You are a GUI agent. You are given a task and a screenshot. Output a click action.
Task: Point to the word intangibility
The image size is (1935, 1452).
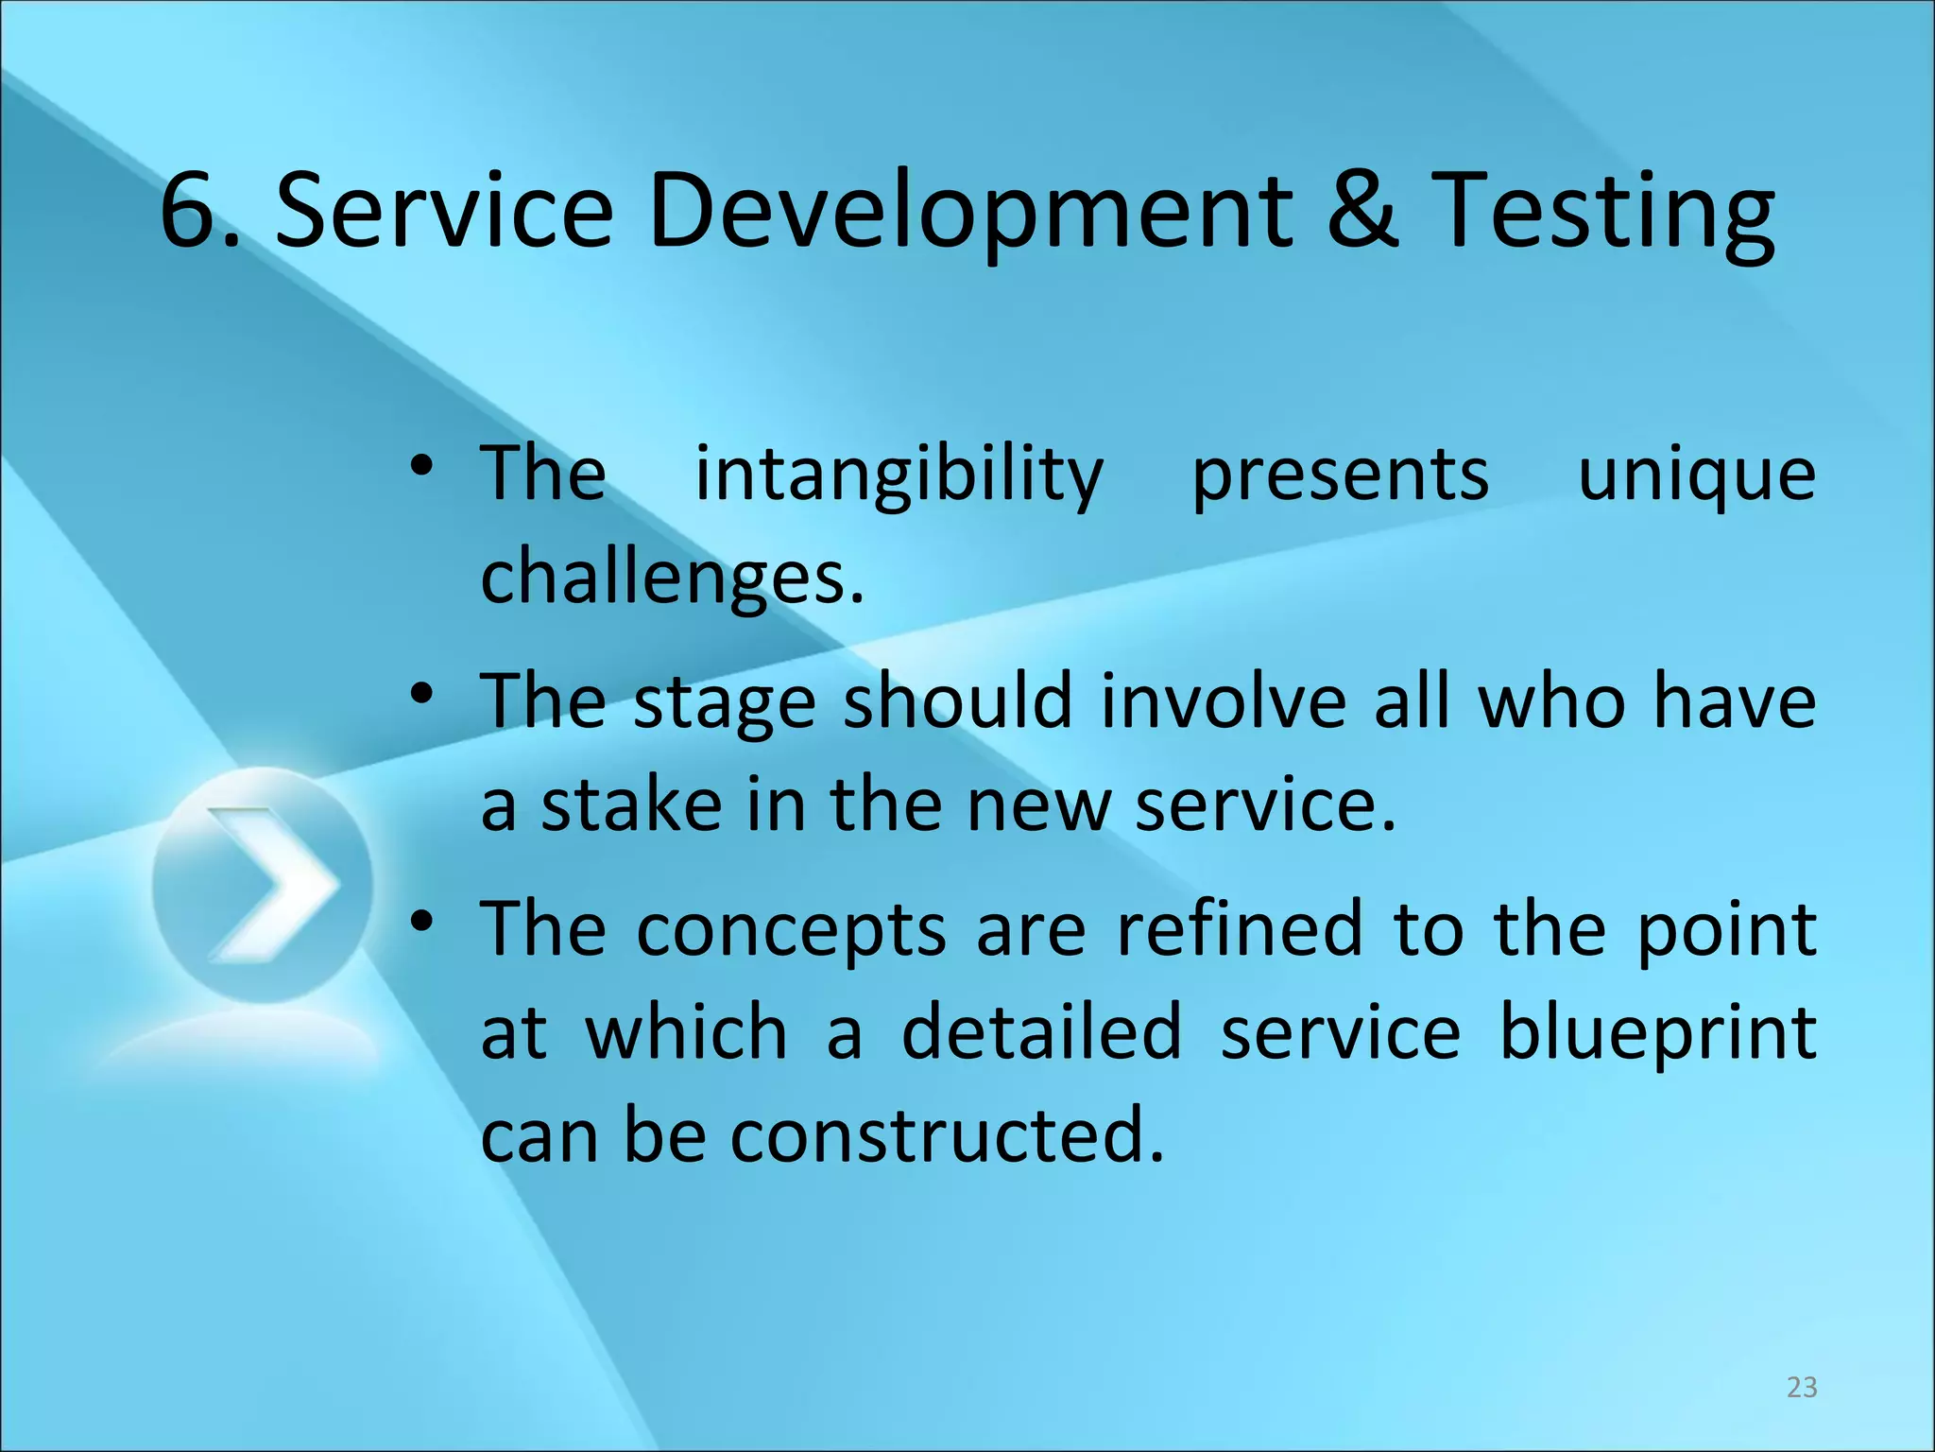899,475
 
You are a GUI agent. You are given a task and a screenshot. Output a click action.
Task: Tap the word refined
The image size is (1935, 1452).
1240,929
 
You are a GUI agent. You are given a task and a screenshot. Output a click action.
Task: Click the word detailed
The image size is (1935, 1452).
1041,1032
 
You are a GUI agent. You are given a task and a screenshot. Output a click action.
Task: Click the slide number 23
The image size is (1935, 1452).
1802,1387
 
